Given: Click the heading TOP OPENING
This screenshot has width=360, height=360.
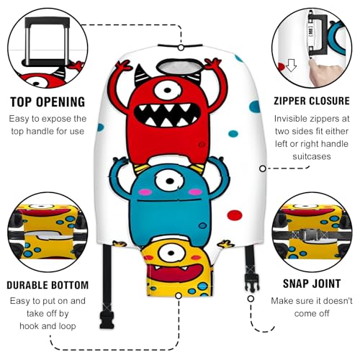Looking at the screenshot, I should pyautogui.click(x=46, y=102).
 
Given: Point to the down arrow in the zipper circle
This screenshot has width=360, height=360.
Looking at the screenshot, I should pyautogui.click(x=292, y=67).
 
